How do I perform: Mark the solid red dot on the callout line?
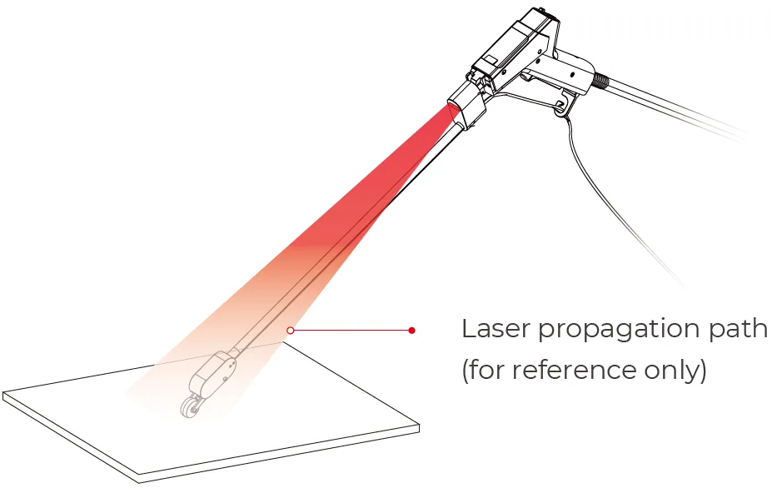click(411, 330)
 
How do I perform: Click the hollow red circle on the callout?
click(291, 330)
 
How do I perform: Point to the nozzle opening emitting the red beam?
click(454, 112)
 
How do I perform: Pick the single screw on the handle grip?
click(572, 75)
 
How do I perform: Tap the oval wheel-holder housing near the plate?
click(212, 373)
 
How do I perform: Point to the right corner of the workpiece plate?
click(419, 427)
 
